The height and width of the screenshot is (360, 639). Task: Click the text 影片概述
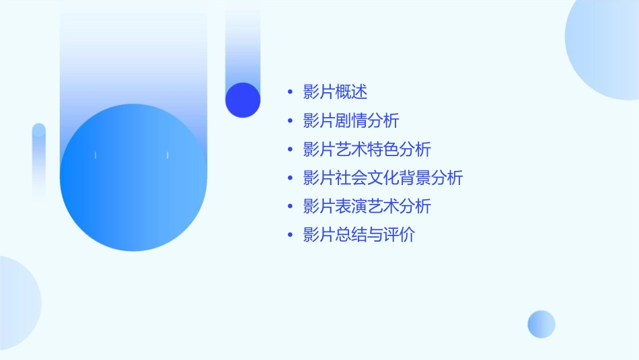[335, 92]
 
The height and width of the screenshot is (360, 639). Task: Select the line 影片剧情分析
[351, 121]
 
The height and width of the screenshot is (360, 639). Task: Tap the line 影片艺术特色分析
[367, 149]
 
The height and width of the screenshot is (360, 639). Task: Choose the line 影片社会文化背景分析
[383, 178]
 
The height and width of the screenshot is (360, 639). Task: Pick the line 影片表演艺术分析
[367, 207]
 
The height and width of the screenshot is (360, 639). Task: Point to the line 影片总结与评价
[359, 236]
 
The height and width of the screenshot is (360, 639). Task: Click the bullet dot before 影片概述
[290, 93]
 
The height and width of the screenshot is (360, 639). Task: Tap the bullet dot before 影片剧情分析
[290, 121]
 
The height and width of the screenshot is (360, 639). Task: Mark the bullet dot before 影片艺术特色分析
[290, 150]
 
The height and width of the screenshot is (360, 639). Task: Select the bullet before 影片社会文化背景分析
[290, 178]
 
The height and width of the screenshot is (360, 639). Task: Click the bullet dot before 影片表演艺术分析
[290, 207]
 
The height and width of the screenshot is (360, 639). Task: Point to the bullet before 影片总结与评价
[290, 236]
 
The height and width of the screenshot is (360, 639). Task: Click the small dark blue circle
[243, 100]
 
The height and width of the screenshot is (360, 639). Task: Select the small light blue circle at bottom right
[541, 324]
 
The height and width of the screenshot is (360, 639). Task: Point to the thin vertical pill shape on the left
[39, 161]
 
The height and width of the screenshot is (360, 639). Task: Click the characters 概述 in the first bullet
[351, 92]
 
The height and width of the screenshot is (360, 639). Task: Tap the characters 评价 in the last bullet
[400, 236]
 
